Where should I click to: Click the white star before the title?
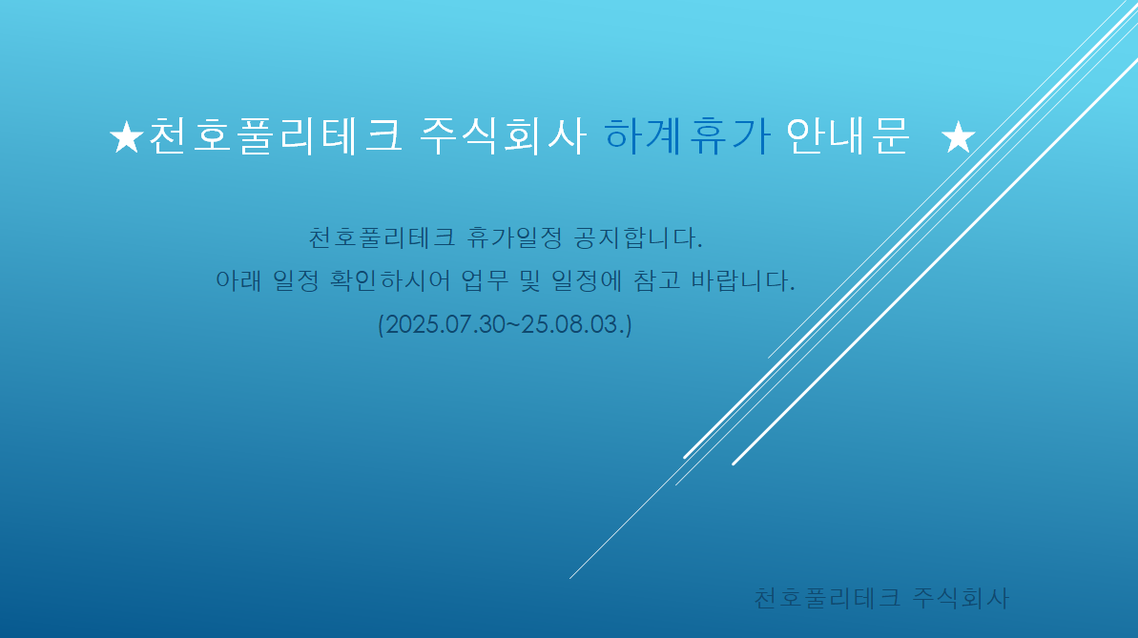pos(126,137)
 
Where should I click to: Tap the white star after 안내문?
pos(958,137)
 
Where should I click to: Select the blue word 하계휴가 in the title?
pos(687,135)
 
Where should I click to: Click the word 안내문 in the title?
pos(847,135)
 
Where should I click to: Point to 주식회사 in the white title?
pos(503,135)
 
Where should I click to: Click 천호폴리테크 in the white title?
pos(275,135)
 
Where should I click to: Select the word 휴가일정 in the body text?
pos(514,237)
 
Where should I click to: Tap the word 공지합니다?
pos(638,237)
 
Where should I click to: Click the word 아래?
pos(238,280)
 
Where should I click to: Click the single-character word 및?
pos(529,280)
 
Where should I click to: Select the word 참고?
pos(657,280)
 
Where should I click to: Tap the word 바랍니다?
pos(742,280)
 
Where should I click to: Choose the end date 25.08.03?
pos(573,323)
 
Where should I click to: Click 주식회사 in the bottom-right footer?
pos(961,598)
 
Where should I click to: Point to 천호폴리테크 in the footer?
pos(827,598)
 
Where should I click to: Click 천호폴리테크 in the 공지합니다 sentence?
pos(382,237)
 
